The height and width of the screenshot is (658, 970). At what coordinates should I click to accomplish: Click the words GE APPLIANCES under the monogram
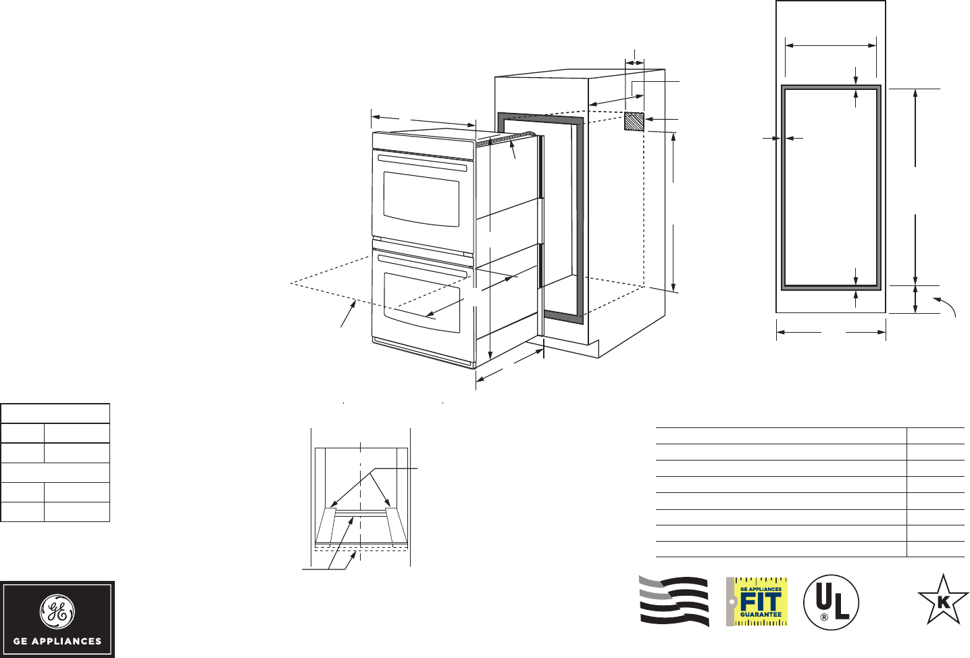[x=57, y=641]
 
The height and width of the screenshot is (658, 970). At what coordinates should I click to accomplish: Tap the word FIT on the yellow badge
[x=761, y=602]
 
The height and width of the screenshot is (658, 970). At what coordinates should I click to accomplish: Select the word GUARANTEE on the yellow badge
[x=761, y=615]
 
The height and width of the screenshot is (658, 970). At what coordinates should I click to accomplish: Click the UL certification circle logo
[x=831, y=602]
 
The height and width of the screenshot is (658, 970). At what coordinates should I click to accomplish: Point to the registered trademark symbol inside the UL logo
[x=824, y=617]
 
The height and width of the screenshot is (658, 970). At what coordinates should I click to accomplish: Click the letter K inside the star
[x=944, y=601]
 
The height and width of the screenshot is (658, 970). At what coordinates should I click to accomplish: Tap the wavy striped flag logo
[x=674, y=601]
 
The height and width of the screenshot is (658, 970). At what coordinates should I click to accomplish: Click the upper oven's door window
[x=422, y=199]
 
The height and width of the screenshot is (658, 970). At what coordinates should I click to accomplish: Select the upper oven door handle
[x=422, y=163]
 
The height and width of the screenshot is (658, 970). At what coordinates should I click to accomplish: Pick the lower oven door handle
[x=422, y=265]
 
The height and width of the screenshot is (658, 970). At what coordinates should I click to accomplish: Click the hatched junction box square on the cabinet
[x=634, y=122]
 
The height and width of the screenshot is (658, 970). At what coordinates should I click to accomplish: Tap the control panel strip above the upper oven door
[x=422, y=143]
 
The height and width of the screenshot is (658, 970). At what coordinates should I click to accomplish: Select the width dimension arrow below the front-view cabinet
[x=831, y=332]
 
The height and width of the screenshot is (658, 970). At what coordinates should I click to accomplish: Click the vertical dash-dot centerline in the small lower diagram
[x=361, y=500]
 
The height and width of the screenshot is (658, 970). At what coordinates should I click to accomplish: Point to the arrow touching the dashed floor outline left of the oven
[x=349, y=315]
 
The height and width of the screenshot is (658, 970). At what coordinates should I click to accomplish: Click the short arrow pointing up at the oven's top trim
[x=513, y=149]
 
